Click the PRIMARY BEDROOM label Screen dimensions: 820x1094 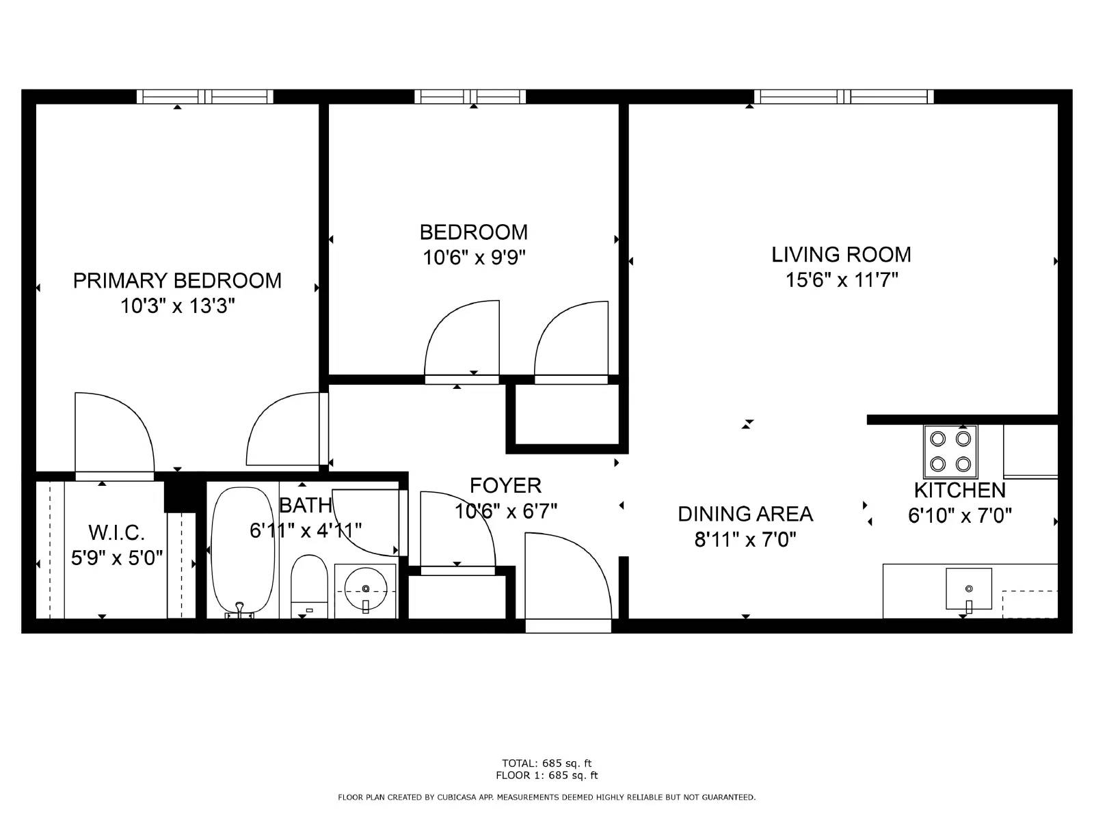click(177, 281)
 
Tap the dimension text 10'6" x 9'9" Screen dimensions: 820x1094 click(474, 258)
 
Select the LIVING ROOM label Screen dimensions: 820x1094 click(841, 255)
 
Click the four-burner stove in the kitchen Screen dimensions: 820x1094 click(950, 451)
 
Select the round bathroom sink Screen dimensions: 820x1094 click(366, 588)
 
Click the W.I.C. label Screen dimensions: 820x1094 click(116, 532)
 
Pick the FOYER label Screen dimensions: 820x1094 click(505, 485)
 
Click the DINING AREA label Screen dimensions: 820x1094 click(745, 514)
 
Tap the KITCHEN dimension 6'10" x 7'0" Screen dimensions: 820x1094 click(959, 515)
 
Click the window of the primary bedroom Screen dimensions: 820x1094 click(204, 96)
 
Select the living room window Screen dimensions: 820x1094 click(844, 96)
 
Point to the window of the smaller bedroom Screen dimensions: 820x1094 click(470, 96)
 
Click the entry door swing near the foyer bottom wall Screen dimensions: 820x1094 click(568, 581)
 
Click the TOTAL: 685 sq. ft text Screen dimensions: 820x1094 click(546, 763)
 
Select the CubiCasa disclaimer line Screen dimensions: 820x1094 click(546, 797)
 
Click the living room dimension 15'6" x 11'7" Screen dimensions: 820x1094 click(841, 280)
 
